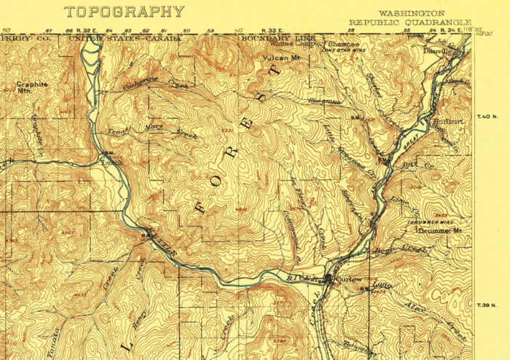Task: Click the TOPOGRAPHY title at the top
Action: coord(124,12)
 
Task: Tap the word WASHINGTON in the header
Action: coord(412,13)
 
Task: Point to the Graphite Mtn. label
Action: coord(32,87)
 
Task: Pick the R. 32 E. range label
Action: coord(85,31)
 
